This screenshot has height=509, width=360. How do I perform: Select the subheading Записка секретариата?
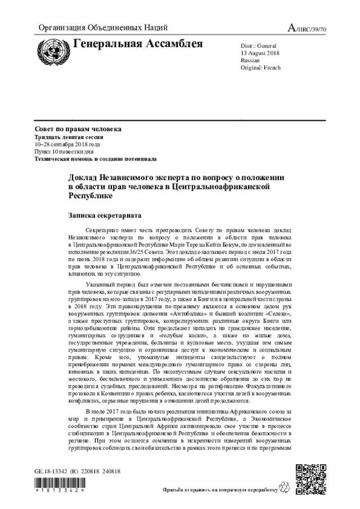104,215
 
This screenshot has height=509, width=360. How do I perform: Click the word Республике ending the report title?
90,196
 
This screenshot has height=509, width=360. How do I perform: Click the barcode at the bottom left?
59,485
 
